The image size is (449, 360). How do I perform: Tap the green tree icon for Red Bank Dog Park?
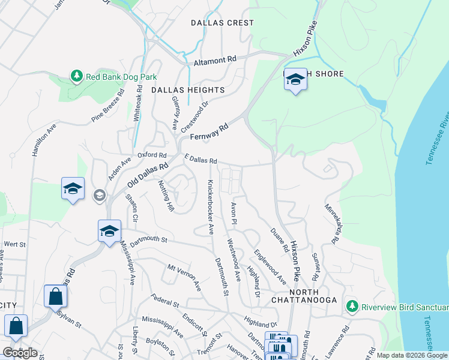point(76,76)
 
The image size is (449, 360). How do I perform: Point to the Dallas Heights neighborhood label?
point(187,90)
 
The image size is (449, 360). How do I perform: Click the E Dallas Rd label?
point(200,161)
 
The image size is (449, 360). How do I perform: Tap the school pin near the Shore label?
point(295,80)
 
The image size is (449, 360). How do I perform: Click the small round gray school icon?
point(99,195)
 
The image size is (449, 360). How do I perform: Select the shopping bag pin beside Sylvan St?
point(55,296)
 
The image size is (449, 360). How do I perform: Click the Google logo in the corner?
point(20,353)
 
